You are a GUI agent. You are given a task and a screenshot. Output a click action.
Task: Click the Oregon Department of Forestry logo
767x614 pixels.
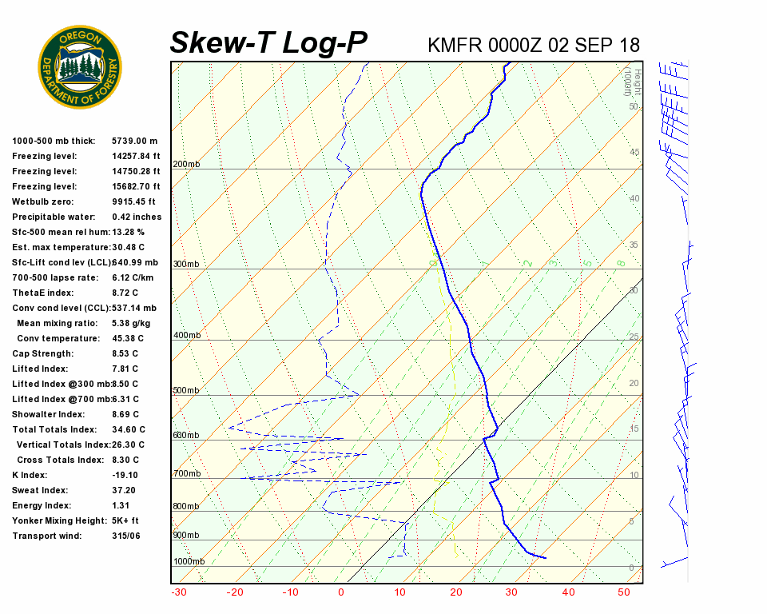[x=80, y=66]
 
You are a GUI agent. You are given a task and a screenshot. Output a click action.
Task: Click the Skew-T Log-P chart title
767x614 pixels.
[x=269, y=43]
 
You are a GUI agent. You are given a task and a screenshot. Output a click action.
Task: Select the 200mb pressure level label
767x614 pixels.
[x=186, y=164]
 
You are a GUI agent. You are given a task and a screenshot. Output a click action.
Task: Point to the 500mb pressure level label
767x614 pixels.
[x=186, y=390]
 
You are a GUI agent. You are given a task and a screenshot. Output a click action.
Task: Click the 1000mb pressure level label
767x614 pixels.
[x=189, y=561]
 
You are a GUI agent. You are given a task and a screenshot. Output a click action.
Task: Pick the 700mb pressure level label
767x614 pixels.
[x=186, y=474]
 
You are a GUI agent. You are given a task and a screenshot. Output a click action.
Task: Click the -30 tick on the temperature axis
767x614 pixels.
[x=179, y=592]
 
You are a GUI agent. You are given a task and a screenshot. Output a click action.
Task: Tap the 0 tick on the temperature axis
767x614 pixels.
[x=341, y=592]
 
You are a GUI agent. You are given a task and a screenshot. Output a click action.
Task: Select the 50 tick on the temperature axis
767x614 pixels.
[x=624, y=592]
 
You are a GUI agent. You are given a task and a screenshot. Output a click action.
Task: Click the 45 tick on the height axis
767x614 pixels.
[x=634, y=152]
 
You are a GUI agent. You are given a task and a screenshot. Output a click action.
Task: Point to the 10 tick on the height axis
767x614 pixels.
[x=634, y=476]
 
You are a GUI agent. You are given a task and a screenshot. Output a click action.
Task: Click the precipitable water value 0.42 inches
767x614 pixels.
[x=137, y=217]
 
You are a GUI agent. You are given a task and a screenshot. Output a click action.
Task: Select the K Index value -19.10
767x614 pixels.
[x=125, y=475]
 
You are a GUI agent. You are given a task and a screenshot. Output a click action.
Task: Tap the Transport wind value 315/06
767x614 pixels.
[x=126, y=536]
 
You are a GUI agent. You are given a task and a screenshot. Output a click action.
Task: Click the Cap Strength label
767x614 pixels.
[x=42, y=353]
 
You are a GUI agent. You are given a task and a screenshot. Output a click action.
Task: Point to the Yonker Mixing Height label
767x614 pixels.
[x=58, y=520]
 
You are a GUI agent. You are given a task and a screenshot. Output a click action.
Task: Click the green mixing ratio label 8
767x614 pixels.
[x=621, y=262]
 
